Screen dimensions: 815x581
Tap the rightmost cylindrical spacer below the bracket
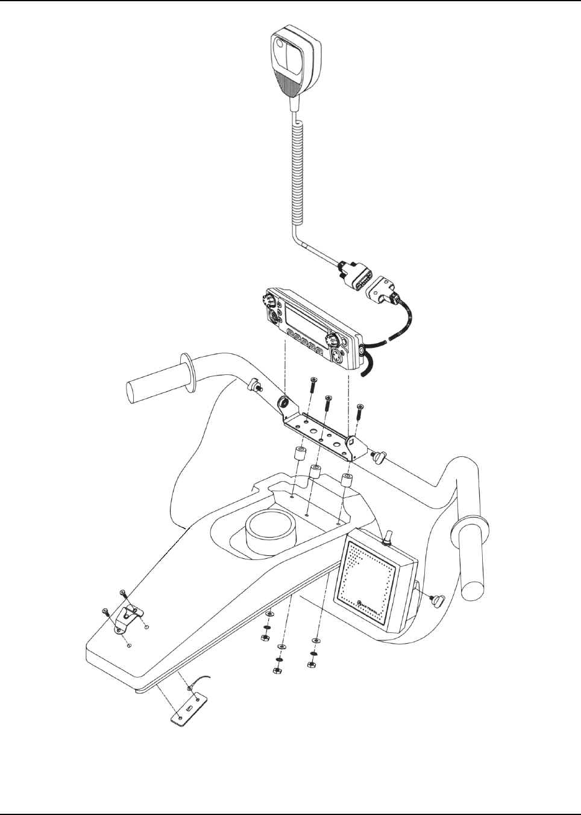(347, 481)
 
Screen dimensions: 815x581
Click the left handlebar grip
(150, 383)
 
